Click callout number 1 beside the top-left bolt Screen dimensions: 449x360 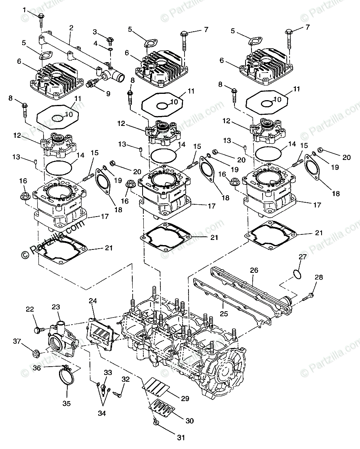point(25,10)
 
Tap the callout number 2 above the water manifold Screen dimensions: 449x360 point(71,28)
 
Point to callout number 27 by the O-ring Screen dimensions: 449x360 point(302,257)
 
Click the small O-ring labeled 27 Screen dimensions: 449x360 point(298,274)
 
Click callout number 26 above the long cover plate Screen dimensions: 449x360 point(254,270)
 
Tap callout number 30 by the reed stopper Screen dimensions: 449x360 point(190,421)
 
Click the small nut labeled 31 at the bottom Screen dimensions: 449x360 point(155,424)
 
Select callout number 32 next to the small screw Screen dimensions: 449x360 point(126,379)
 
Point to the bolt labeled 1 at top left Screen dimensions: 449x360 point(41,17)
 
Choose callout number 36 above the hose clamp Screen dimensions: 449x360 point(37,367)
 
